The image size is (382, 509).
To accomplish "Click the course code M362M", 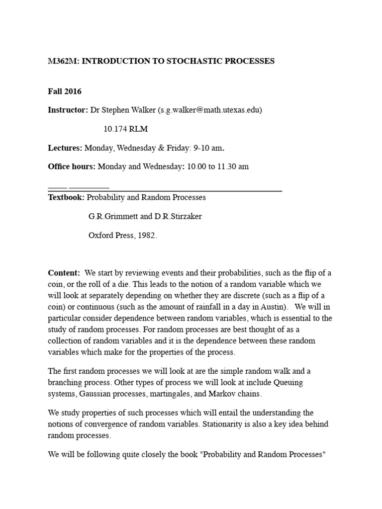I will [x=62, y=61].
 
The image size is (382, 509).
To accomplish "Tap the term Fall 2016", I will [x=65, y=91].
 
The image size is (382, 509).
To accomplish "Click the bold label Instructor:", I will [x=68, y=110].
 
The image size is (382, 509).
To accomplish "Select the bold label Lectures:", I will [x=65, y=148].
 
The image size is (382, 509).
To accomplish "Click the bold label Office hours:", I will [x=72, y=167].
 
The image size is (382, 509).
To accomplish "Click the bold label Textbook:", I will [x=67, y=197].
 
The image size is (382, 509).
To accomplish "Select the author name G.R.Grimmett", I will [x=110, y=217].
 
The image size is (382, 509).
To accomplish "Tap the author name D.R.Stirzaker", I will [x=176, y=217].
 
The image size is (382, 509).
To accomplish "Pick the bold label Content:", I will [x=64, y=273].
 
